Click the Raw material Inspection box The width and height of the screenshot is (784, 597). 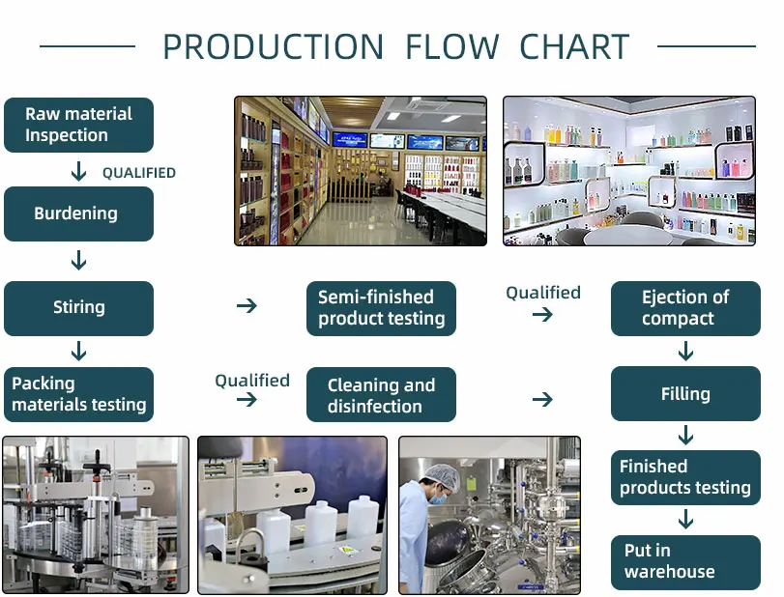78,125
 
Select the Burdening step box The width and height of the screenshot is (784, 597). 78,213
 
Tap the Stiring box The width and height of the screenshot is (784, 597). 78,308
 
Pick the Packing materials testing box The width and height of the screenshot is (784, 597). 78,394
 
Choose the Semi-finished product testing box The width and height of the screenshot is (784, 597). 381,308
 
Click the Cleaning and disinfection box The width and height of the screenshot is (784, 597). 381,395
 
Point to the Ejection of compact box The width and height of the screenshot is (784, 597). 685,308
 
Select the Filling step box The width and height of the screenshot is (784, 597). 685,394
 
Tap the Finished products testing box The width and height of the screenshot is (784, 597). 685,477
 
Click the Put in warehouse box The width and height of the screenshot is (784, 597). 685,561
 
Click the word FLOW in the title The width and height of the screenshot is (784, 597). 451,46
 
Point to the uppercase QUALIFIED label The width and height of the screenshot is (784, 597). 139,173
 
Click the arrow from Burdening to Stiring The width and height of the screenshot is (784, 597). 78,260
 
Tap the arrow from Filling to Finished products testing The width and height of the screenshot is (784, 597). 685,435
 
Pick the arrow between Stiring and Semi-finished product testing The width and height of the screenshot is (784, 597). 247,306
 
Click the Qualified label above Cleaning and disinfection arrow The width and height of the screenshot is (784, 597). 252,381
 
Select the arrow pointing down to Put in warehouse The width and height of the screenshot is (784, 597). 685,520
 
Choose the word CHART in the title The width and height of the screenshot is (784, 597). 574,46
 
